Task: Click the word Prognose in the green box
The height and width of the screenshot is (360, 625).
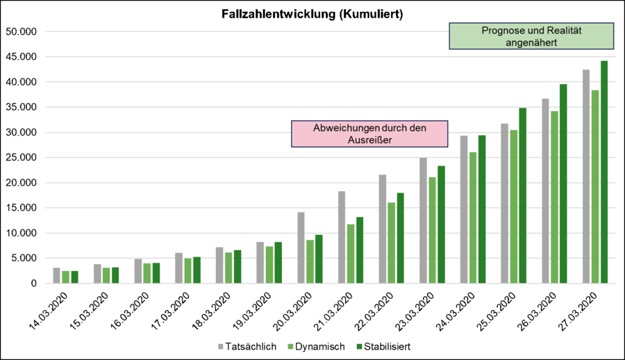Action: (x=502, y=31)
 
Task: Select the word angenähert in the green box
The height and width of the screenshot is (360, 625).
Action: (x=531, y=42)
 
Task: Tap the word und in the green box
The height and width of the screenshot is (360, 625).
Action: (x=533, y=31)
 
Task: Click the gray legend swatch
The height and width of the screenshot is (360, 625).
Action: (x=221, y=346)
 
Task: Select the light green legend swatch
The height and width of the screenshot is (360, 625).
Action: (x=290, y=346)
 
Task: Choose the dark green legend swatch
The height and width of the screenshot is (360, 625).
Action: (x=360, y=346)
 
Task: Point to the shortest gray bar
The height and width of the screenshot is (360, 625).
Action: (x=57, y=275)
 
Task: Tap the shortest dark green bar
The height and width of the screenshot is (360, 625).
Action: (x=74, y=277)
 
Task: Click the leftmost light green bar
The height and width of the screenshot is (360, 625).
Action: (x=65, y=277)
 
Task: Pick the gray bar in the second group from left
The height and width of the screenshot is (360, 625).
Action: (x=97, y=273)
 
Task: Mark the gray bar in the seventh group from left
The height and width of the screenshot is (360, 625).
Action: (x=301, y=247)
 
